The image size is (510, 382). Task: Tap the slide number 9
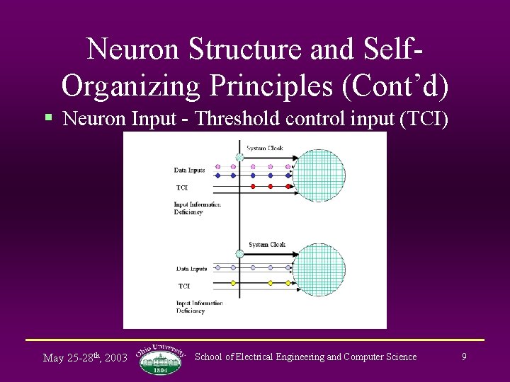click(464, 357)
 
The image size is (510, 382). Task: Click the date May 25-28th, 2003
click(85, 357)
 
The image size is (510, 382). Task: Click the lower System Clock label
click(267, 245)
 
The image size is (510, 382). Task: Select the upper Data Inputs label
click(189, 170)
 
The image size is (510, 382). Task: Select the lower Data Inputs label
click(191, 269)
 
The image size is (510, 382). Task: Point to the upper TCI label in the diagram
click(182, 187)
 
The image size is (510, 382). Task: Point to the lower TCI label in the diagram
click(184, 286)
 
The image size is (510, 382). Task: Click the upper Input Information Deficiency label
click(197, 208)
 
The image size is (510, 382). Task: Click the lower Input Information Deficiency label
click(199, 307)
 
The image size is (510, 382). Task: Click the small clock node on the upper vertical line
click(239, 157)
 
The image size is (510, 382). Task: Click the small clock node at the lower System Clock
click(239, 253)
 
